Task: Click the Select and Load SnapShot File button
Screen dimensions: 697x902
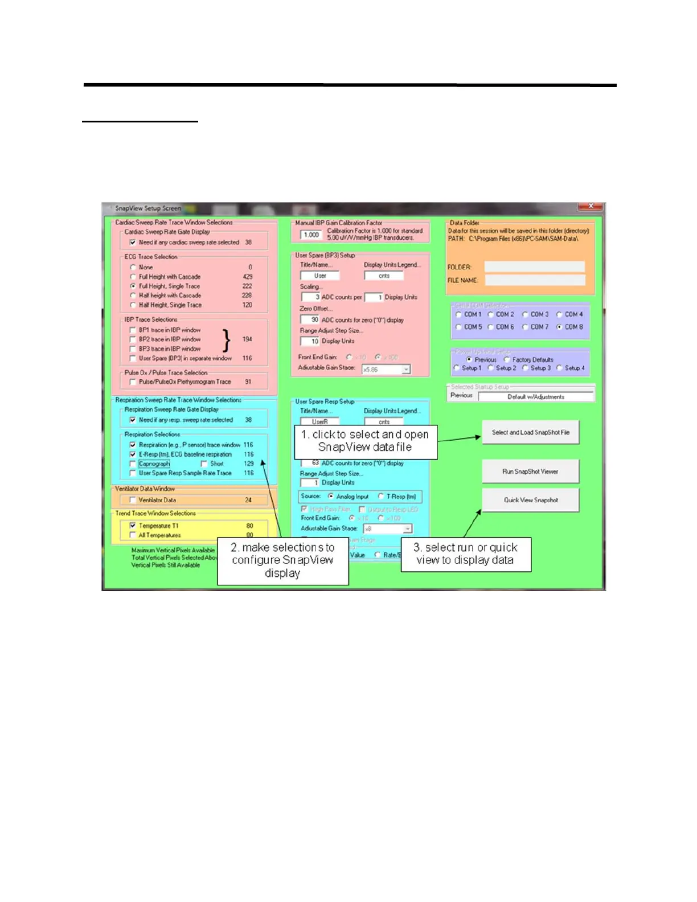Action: [x=530, y=432]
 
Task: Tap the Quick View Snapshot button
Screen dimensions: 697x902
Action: [x=530, y=500]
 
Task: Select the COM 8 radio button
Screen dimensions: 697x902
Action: [x=560, y=327]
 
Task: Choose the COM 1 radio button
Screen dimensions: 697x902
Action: [x=459, y=314]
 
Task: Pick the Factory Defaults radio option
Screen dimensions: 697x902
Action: [x=507, y=360]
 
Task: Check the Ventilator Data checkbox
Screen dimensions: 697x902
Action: [x=133, y=500]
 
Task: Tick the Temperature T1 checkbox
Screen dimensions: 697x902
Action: [x=133, y=526]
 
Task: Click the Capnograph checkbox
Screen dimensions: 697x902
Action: [x=133, y=464]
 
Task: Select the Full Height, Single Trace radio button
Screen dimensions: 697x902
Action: [x=133, y=286]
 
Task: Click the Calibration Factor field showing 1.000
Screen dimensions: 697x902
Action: [x=311, y=235]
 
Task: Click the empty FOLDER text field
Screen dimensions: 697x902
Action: [x=534, y=267]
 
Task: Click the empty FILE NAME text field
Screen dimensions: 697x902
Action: [x=534, y=280]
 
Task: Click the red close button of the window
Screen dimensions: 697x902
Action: [x=591, y=206]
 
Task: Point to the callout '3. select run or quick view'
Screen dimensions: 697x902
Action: [x=466, y=554]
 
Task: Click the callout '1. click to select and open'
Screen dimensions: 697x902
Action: [x=366, y=441]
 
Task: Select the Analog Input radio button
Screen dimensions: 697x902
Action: [x=331, y=497]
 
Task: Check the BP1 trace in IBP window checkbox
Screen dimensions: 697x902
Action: [x=133, y=330]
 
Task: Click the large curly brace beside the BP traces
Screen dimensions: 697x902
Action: [x=227, y=340]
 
